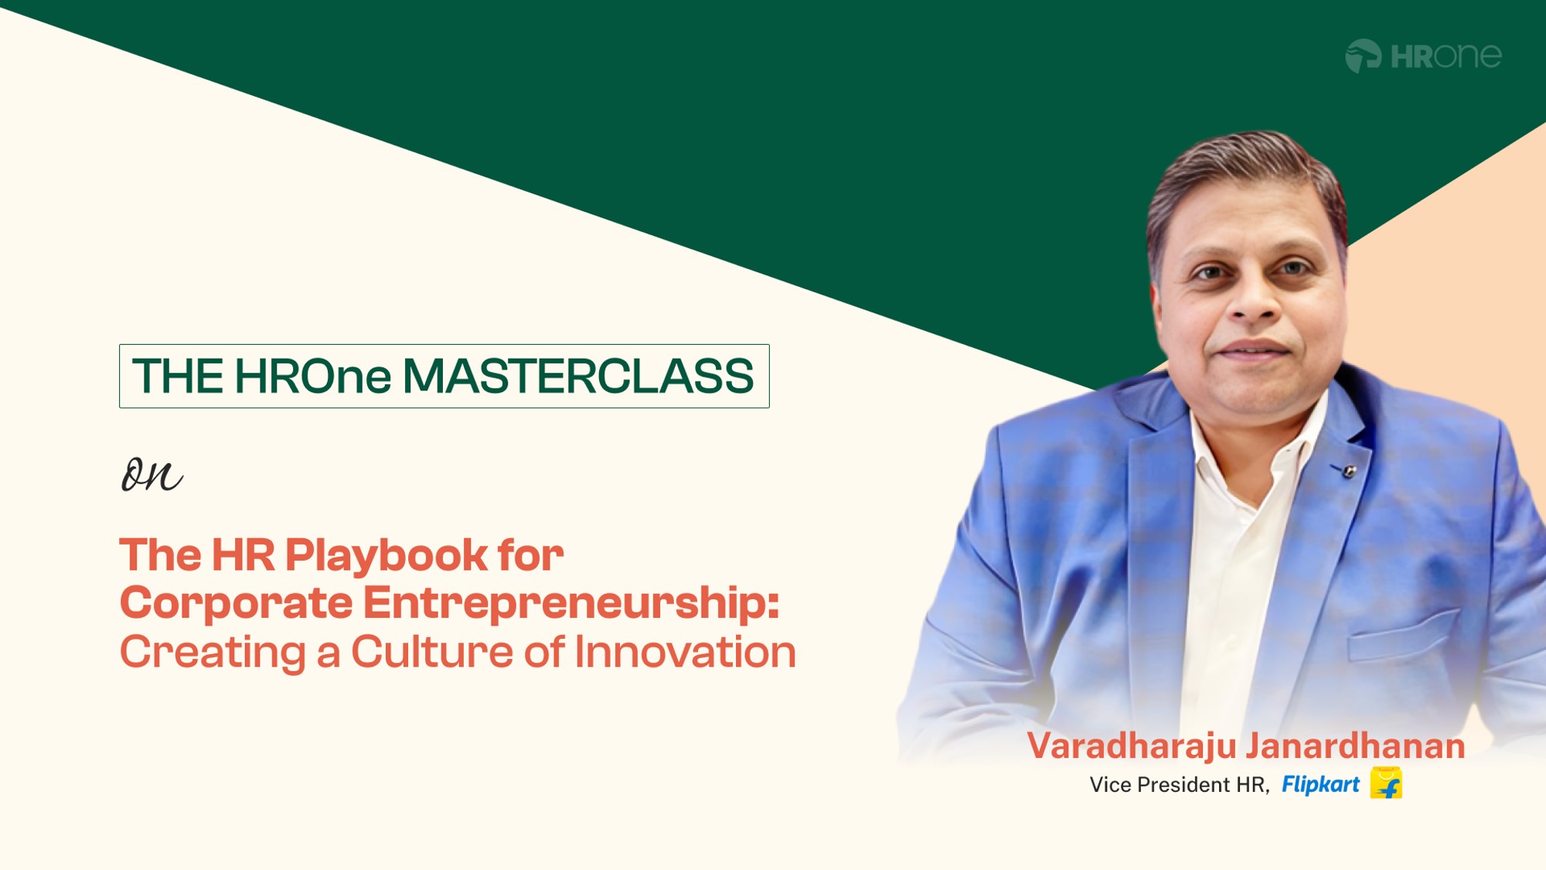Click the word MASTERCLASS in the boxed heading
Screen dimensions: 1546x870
click(x=578, y=376)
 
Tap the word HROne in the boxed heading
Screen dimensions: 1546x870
click(x=312, y=376)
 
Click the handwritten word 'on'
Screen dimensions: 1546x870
click(x=152, y=473)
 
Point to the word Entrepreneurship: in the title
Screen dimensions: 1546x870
click(x=571, y=604)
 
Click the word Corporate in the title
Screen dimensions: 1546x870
click(x=236, y=604)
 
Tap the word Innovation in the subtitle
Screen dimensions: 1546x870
click(x=685, y=652)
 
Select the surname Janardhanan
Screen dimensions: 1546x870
click(x=1356, y=746)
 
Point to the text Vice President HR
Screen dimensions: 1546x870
click(x=1178, y=785)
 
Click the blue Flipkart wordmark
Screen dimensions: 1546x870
click(x=1320, y=785)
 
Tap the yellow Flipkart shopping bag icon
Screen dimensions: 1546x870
click(x=1386, y=783)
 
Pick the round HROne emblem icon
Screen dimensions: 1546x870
click(x=1363, y=56)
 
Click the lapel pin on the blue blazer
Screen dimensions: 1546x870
click(x=1348, y=470)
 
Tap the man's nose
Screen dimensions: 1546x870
click(x=1252, y=298)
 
